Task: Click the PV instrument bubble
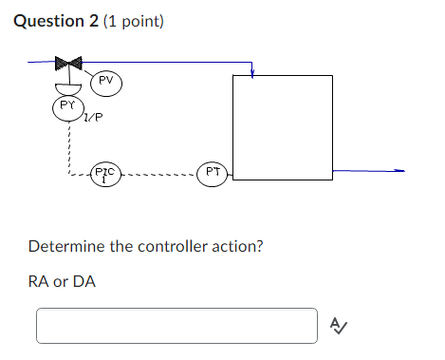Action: pyautogui.click(x=106, y=82)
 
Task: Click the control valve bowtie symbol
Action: pyautogui.click(x=68, y=64)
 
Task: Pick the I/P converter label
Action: pyautogui.click(x=93, y=119)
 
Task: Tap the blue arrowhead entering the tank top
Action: pyautogui.click(x=251, y=74)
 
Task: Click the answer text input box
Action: pyautogui.click(x=176, y=325)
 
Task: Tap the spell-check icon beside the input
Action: pyautogui.click(x=338, y=326)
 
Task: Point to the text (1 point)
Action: pyautogui.click(x=133, y=20)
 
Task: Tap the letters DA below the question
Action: pyautogui.click(x=85, y=281)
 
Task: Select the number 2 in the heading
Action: pyautogui.click(x=92, y=20)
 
